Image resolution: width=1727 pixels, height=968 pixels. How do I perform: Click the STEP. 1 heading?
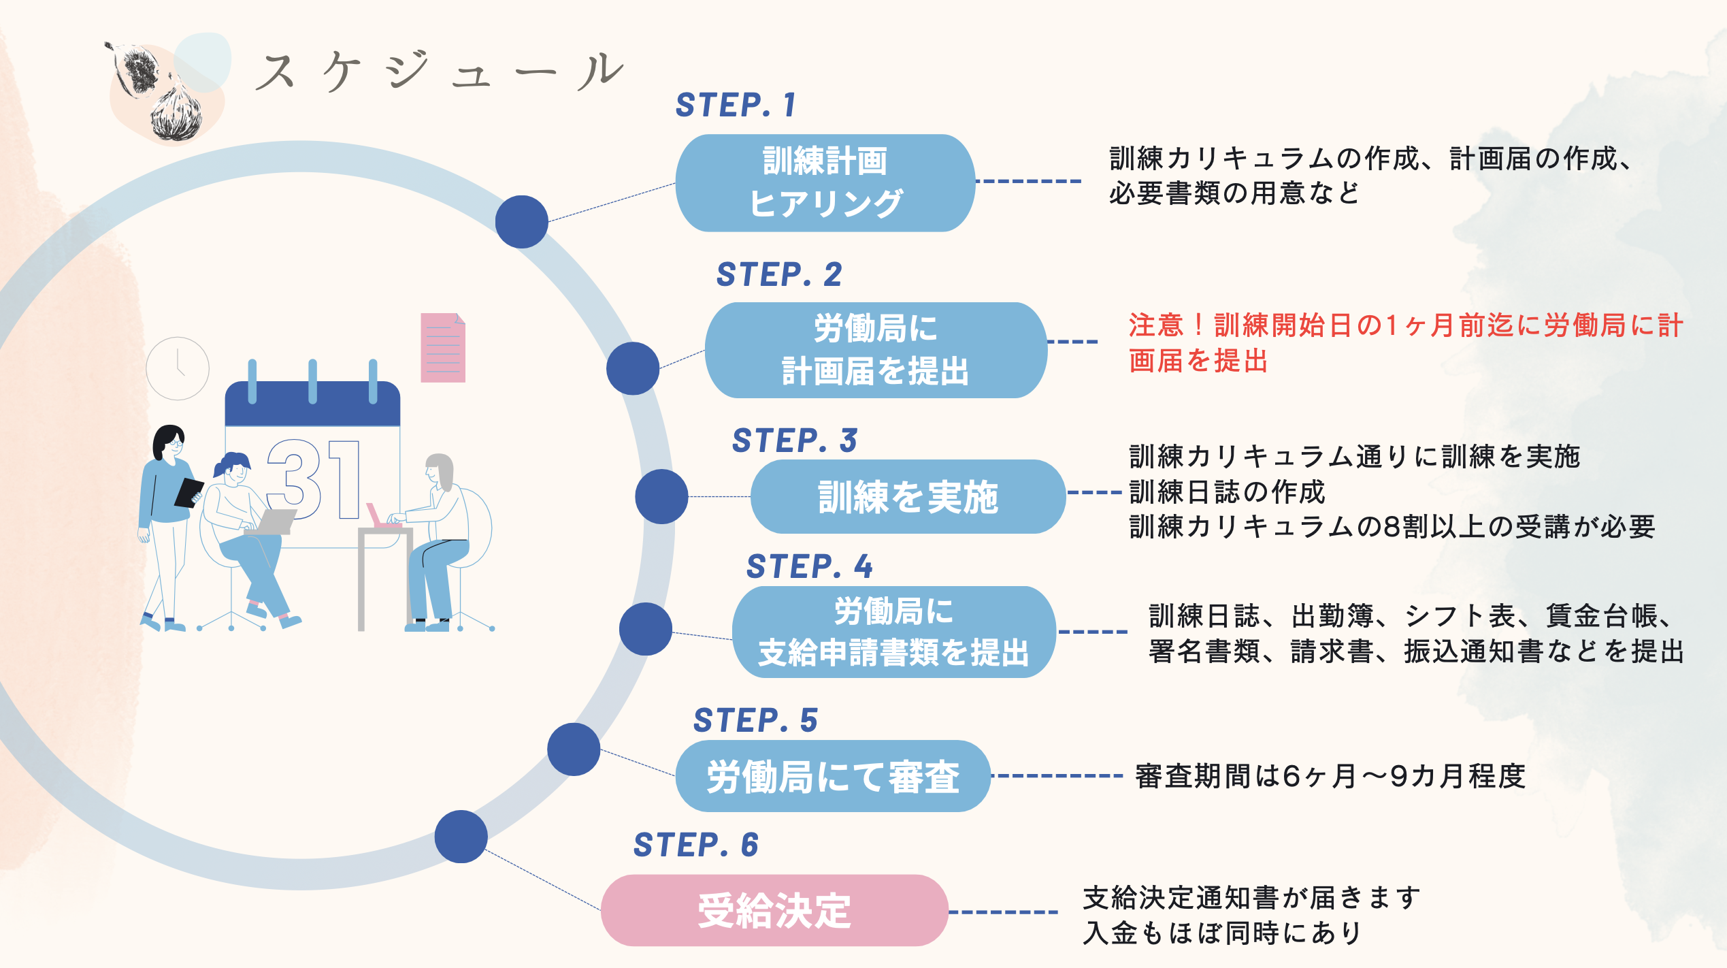coord(735,105)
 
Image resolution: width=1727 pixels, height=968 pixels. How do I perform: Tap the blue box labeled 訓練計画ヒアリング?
coord(825,182)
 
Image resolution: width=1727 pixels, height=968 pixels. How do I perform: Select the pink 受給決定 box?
coord(774,910)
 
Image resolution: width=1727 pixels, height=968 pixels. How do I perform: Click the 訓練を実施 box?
coord(907,496)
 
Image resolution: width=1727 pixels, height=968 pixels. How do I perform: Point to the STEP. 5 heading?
coord(755,720)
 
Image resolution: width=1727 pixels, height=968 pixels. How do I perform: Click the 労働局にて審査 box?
coord(832,776)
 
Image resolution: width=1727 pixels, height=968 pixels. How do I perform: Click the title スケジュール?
coord(439,71)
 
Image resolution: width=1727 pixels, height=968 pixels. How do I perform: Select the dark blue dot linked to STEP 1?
coord(521,222)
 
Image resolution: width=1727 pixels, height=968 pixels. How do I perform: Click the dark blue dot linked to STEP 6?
coord(461,837)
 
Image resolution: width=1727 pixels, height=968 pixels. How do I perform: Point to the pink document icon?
coord(443,348)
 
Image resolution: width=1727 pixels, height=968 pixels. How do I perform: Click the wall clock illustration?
coord(178,368)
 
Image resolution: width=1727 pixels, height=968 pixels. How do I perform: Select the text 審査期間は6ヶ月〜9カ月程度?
coord(1330,776)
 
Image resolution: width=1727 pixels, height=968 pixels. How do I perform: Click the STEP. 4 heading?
coord(808,566)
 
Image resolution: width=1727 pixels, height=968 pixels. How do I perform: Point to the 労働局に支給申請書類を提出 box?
coord(893,632)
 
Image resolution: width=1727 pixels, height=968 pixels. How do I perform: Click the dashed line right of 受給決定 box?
coord(1004,911)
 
